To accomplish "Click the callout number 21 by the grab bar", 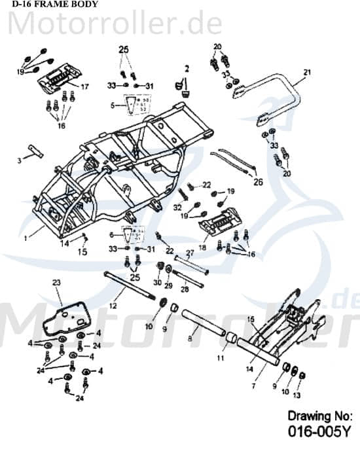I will tap(306, 72).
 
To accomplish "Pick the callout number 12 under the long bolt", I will tap(113, 304).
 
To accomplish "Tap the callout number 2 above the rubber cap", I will tap(186, 68).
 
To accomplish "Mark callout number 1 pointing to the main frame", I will tap(27, 239).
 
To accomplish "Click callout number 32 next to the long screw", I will tap(177, 207).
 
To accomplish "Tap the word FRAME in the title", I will tap(47, 5).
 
